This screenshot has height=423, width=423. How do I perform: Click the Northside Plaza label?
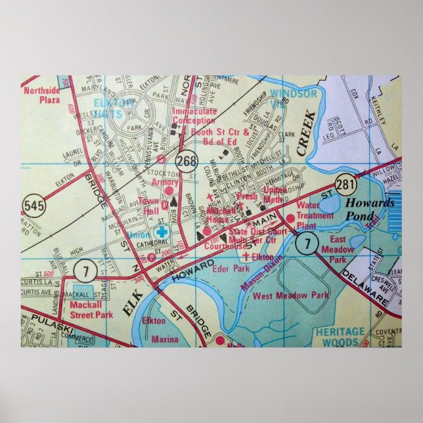41,95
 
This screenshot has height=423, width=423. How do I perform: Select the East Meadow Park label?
338,249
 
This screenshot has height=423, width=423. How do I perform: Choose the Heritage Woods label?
339,337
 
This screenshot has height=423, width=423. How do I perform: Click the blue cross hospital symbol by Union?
162,233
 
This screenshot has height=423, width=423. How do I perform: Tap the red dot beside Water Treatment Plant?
289,218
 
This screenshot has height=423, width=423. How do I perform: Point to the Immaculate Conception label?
194,116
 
